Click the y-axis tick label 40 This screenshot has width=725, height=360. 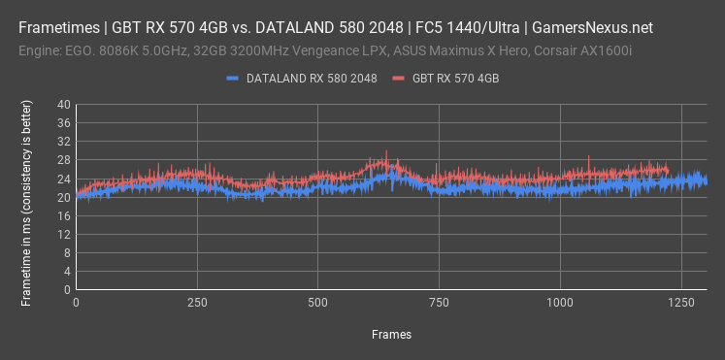(63, 105)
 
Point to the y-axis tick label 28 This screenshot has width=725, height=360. (63, 160)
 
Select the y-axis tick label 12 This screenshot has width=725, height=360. (63, 234)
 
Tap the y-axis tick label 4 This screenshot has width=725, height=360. (66, 271)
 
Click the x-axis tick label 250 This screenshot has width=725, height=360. (197, 303)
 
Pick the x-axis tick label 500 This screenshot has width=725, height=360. (317, 303)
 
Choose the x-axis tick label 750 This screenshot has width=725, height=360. (439, 303)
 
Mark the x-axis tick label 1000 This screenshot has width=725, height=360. (559, 303)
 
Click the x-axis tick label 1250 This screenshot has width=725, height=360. (679, 303)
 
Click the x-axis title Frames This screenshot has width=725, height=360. (391, 335)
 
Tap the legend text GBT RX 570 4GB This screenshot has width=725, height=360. (456, 77)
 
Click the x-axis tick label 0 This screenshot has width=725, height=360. (77, 303)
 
